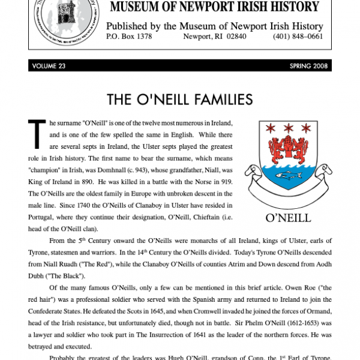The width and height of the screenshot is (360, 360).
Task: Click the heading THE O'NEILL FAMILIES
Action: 179,99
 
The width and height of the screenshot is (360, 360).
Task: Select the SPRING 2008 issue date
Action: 308,66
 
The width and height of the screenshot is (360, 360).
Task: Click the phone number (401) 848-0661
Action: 299,36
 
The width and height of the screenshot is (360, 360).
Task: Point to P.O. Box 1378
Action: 129,36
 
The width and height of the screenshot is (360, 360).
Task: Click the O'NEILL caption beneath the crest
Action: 289,217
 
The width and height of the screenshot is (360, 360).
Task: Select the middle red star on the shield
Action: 288,128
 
